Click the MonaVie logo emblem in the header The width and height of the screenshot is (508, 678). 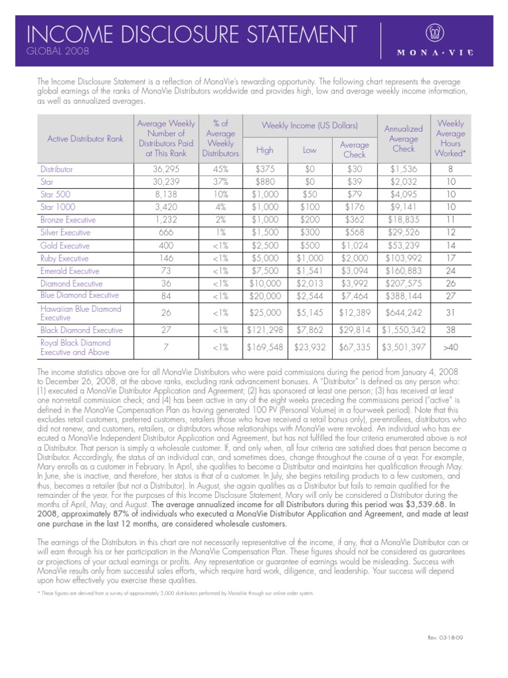(437, 33)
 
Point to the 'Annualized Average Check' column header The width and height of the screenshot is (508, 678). (403, 138)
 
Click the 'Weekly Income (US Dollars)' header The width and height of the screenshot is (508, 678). (310, 125)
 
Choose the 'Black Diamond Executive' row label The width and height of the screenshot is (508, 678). (81, 329)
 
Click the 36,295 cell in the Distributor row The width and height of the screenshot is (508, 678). (165, 169)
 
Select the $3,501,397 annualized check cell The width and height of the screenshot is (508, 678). (403, 347)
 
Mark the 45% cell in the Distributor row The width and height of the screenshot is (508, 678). (220, 169)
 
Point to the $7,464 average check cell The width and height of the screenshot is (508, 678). (354, 295)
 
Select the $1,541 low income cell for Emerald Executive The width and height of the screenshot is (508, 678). (310, 270)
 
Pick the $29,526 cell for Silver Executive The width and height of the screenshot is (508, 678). (403, 232)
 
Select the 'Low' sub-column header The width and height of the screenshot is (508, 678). (310, 150)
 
